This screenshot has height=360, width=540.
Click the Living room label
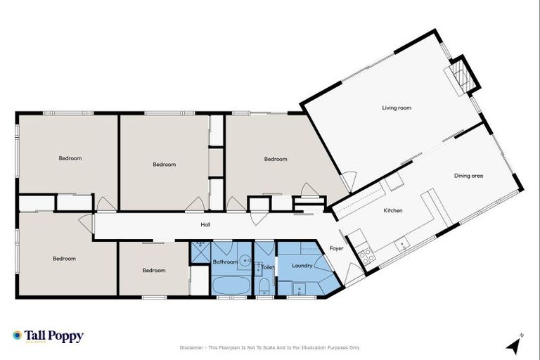[397, 108]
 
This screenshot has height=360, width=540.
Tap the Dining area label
[468, 176]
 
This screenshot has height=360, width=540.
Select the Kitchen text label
[392, 210]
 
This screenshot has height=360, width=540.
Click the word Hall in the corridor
[205, 225]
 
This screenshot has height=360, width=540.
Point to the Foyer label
[337, 248]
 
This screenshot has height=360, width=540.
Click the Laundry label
[302, 266]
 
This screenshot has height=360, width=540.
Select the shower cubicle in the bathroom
[200, 252]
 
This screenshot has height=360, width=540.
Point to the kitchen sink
[403, 245]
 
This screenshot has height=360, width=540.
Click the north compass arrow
[515, 344]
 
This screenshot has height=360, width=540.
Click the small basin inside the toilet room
[259, 266]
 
